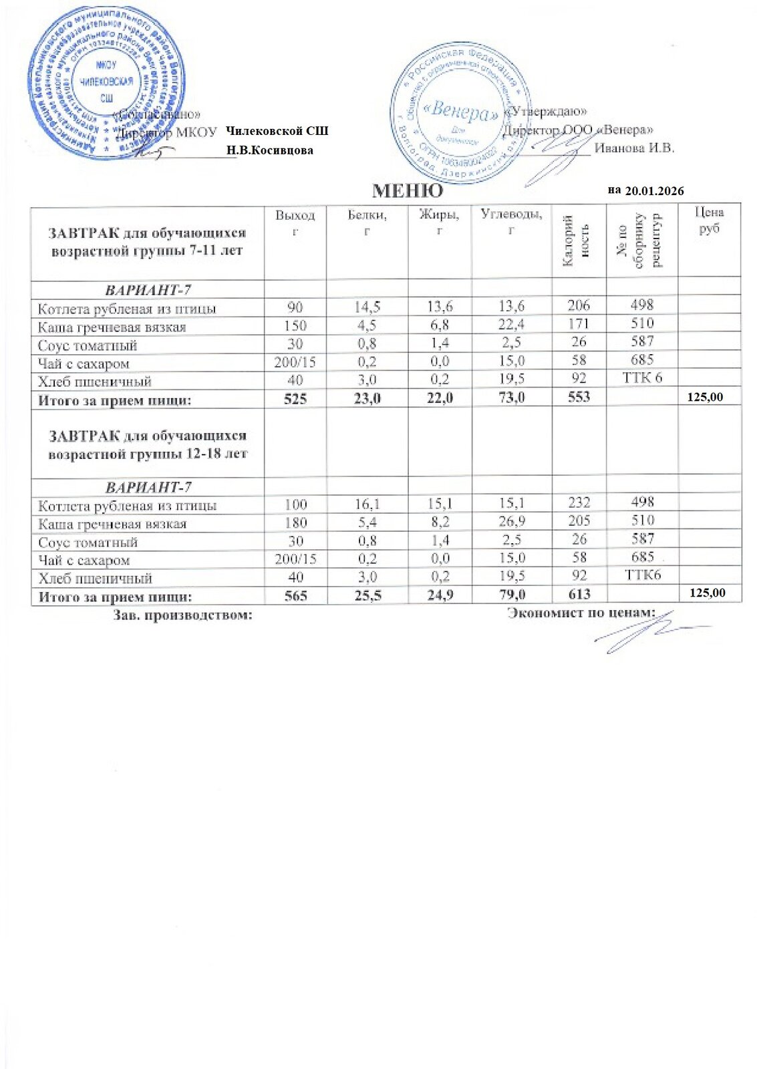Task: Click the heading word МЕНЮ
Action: point(407,191)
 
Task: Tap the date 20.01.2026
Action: point(654,191)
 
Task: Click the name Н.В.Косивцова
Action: point(270,150)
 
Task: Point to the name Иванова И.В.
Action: point(634,148)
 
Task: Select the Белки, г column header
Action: point(367,222)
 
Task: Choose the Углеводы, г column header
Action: point(512,222)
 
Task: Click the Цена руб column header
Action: point(709,220)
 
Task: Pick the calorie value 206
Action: point(579,305)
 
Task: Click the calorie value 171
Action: point(579,324)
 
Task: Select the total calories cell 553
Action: point(579,397)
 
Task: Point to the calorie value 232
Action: point(579,502)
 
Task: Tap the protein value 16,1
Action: point(367,503)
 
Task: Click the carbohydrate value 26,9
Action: point(512,521)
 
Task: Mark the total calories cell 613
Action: point(579,594)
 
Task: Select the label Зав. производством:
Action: point(183,615)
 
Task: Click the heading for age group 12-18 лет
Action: point(148,444)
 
